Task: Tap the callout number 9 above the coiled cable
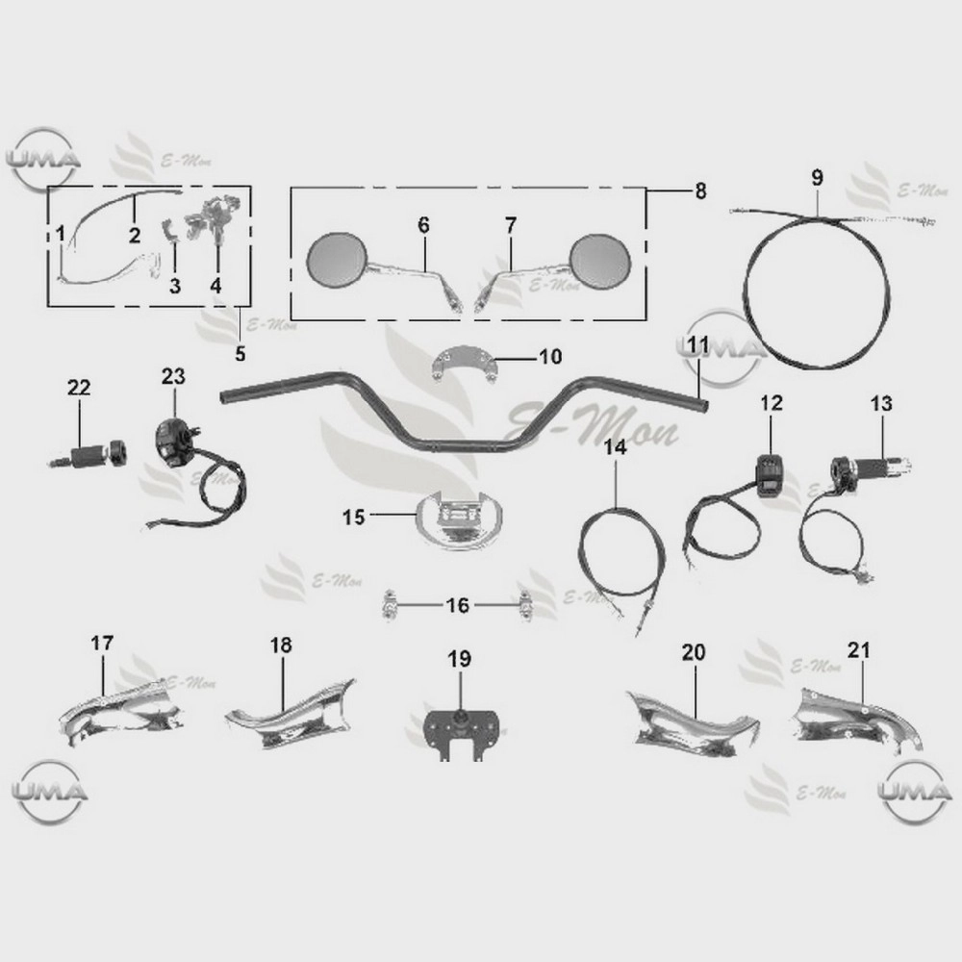click(817, 178)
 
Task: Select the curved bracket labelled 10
click(463, 364)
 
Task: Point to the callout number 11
click(698, 344)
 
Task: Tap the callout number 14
click(616, 447)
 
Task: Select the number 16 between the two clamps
click(457, 605)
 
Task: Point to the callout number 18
click(281, 645)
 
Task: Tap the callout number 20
click(694, 651)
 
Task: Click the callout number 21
click(859, 649)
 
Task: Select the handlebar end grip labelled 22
click(89, 456)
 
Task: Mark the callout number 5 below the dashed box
click(240, 353)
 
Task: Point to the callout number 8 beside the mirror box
click(700, 190)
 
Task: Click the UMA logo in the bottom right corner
click(915, 792)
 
